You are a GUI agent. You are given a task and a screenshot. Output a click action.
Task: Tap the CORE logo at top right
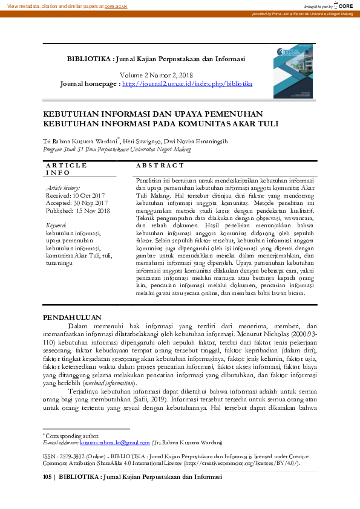pos(344,5)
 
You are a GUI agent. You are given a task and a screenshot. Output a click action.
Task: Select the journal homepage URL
pos(187,83)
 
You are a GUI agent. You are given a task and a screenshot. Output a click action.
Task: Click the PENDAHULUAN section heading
pos(72,317)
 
